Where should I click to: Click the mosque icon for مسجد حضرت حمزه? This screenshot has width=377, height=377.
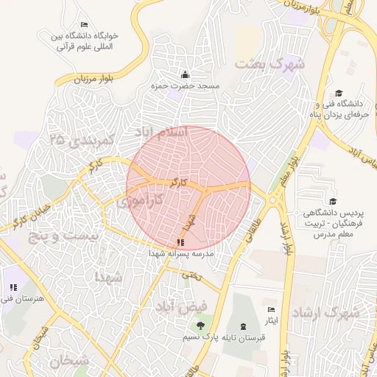tap(185, 74)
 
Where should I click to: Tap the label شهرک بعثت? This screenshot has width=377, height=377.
tap(269, 64)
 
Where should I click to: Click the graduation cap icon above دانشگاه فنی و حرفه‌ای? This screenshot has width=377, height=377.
tap(339, 93)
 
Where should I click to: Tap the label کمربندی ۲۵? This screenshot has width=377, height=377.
tap(79, 138)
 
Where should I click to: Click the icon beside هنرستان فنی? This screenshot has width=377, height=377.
tap(13, 287)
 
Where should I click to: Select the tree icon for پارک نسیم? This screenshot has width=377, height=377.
tap(200, 325)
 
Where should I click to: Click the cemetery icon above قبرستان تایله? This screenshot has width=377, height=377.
tap(244, 325)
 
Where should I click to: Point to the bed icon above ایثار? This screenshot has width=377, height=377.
tap(271, 310)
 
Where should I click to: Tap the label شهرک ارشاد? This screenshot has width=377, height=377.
tap(325, 313)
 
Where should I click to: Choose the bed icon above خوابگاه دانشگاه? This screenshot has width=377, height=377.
tap(84, 25)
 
